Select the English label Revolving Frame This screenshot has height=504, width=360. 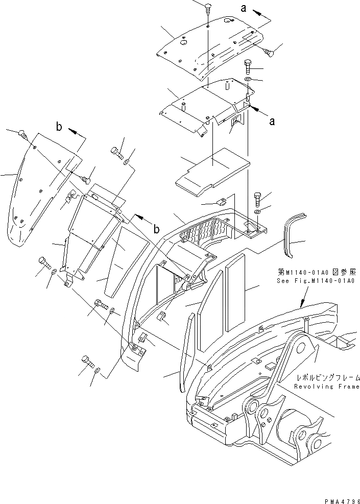pos(327,387)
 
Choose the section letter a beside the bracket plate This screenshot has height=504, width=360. pos(272,121)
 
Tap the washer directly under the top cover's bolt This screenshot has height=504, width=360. pos(248,80)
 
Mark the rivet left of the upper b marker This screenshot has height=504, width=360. pos(24,134)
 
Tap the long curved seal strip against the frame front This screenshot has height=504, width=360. pos(187,352)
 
